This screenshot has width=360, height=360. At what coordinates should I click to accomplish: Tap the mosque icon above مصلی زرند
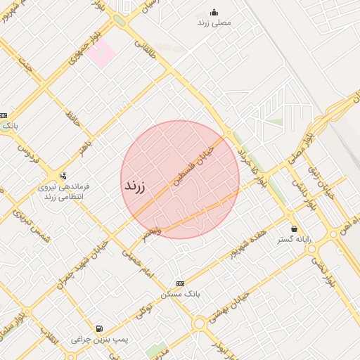pos(214,12)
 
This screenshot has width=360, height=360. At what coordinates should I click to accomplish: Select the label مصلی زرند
pos(214,22)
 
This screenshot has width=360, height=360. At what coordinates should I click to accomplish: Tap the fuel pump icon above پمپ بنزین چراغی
pos(99,328)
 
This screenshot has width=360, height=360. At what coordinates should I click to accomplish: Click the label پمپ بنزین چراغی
pos(99,339)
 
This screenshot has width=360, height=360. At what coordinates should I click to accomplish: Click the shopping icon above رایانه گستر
pos(293,229)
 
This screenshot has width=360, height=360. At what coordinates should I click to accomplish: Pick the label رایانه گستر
pos(294,240)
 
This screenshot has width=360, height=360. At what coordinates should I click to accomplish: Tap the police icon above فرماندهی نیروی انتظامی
pos(64,176)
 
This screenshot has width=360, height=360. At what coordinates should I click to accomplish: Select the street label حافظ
pos(71,115)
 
